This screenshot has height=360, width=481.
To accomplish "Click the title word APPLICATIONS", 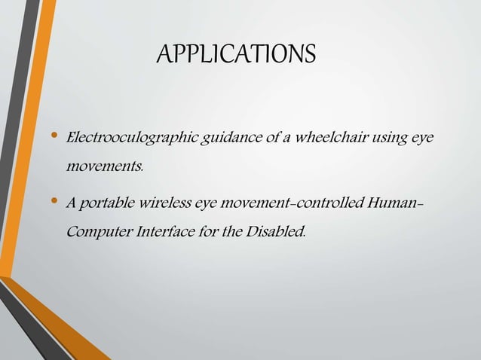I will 236,55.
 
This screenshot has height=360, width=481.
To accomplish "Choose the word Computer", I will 97,230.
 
